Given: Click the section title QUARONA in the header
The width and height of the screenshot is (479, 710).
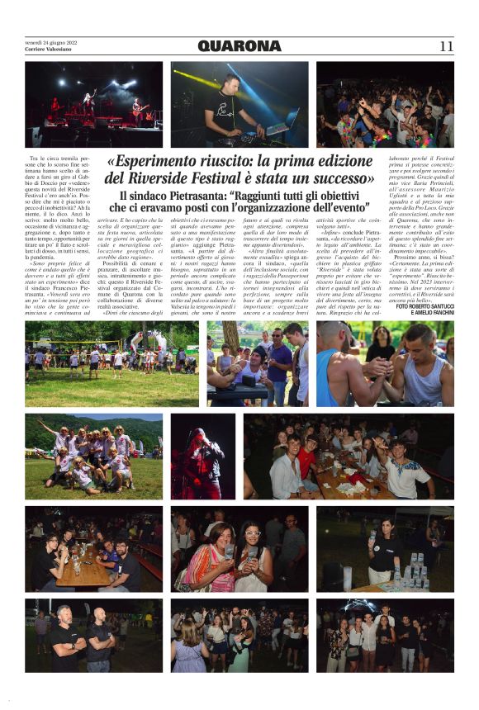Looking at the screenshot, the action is coord(239,46).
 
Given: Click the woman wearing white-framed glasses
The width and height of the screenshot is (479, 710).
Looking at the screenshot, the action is coord(253,557).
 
